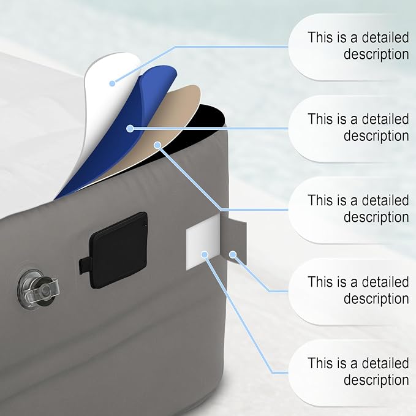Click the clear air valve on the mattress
tap(38, 289)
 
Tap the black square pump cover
tap(119, 250)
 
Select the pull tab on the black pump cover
tap(85, 265)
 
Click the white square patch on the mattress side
tap(203, 243)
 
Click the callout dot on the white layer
tap(112, 83)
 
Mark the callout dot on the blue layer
tap(130, 129)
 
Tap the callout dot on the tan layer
tap(157, 145)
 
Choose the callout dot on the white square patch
tap(204, 255)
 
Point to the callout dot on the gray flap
tap(233, 255)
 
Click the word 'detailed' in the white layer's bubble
tap(385, 37)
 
